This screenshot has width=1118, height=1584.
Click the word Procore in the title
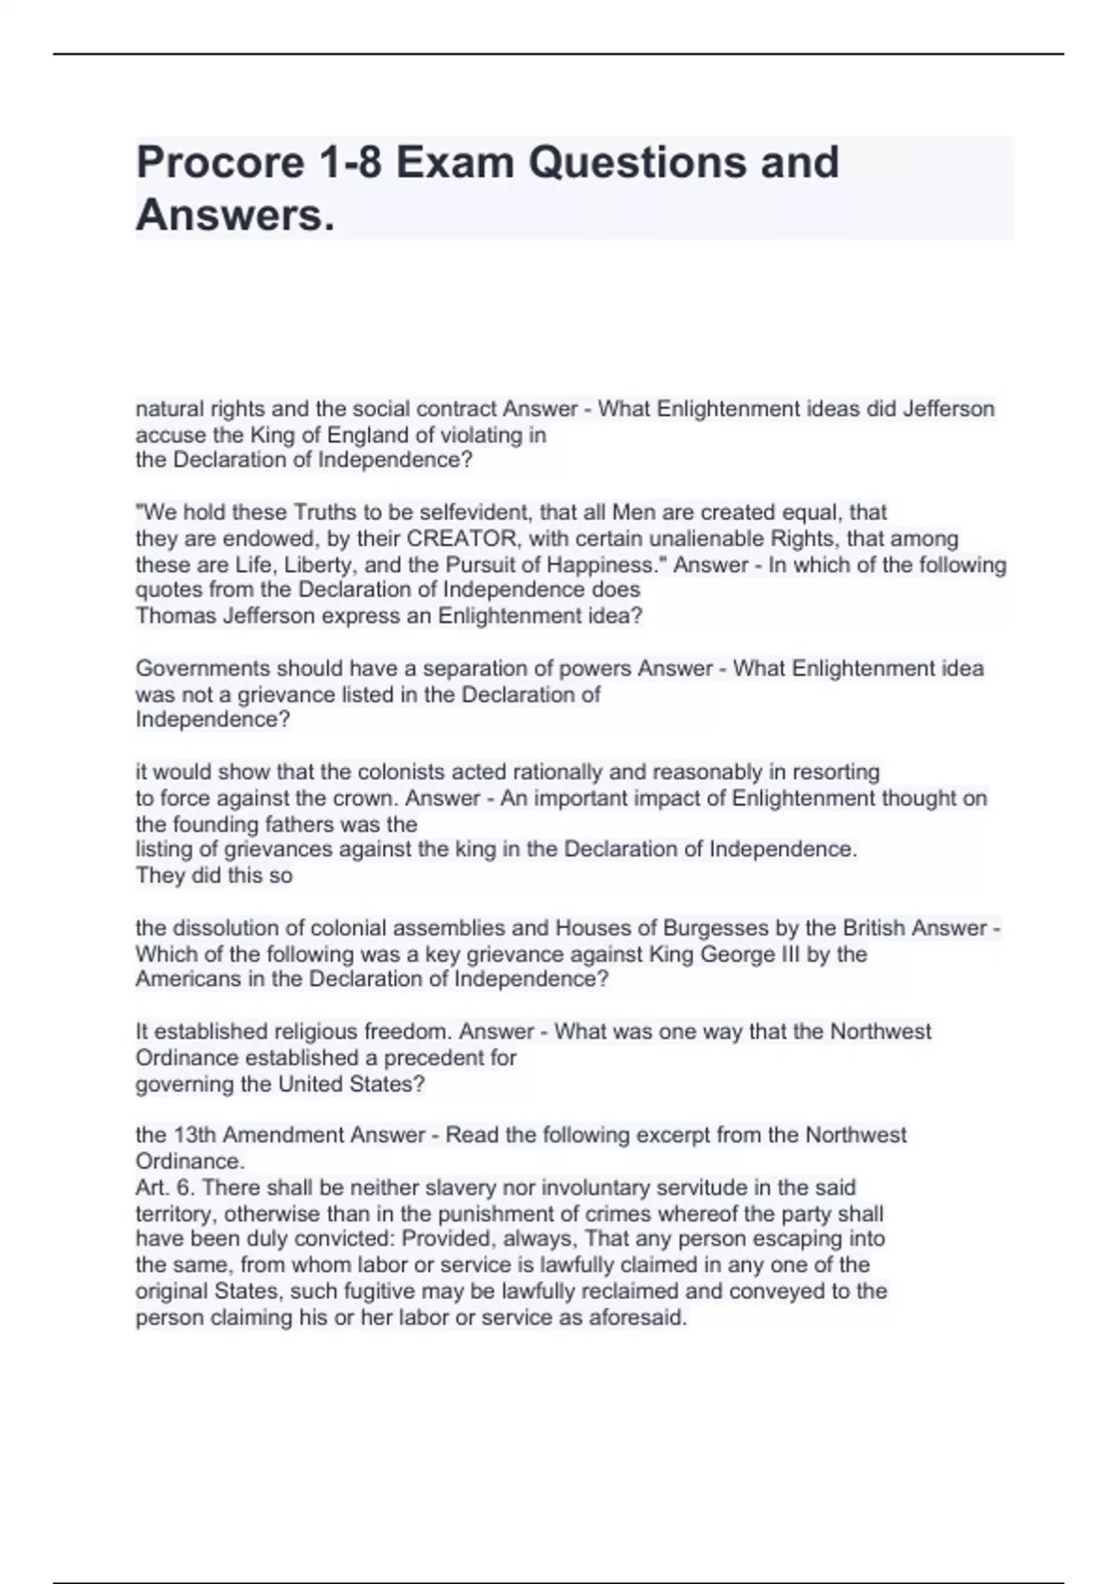tap(221, 163)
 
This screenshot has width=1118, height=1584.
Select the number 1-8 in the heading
tap(350, 163)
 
